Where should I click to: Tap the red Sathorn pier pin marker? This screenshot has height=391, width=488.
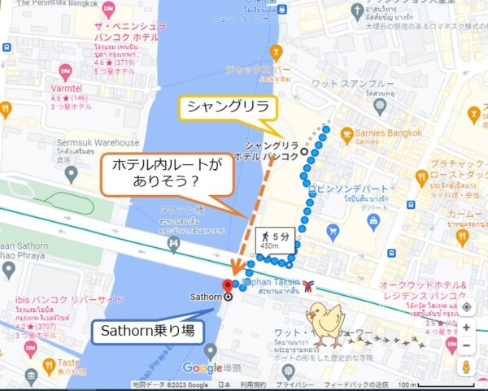pos(228,284)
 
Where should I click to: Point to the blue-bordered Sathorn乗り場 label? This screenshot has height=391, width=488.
pos(145,331)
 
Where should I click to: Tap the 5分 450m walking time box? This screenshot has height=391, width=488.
pos(272,240)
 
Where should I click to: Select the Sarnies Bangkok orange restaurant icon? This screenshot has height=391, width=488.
pos(346,132)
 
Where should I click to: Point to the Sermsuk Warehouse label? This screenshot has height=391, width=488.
pos(105,142)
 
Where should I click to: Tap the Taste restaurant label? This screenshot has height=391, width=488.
pos(68,364)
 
